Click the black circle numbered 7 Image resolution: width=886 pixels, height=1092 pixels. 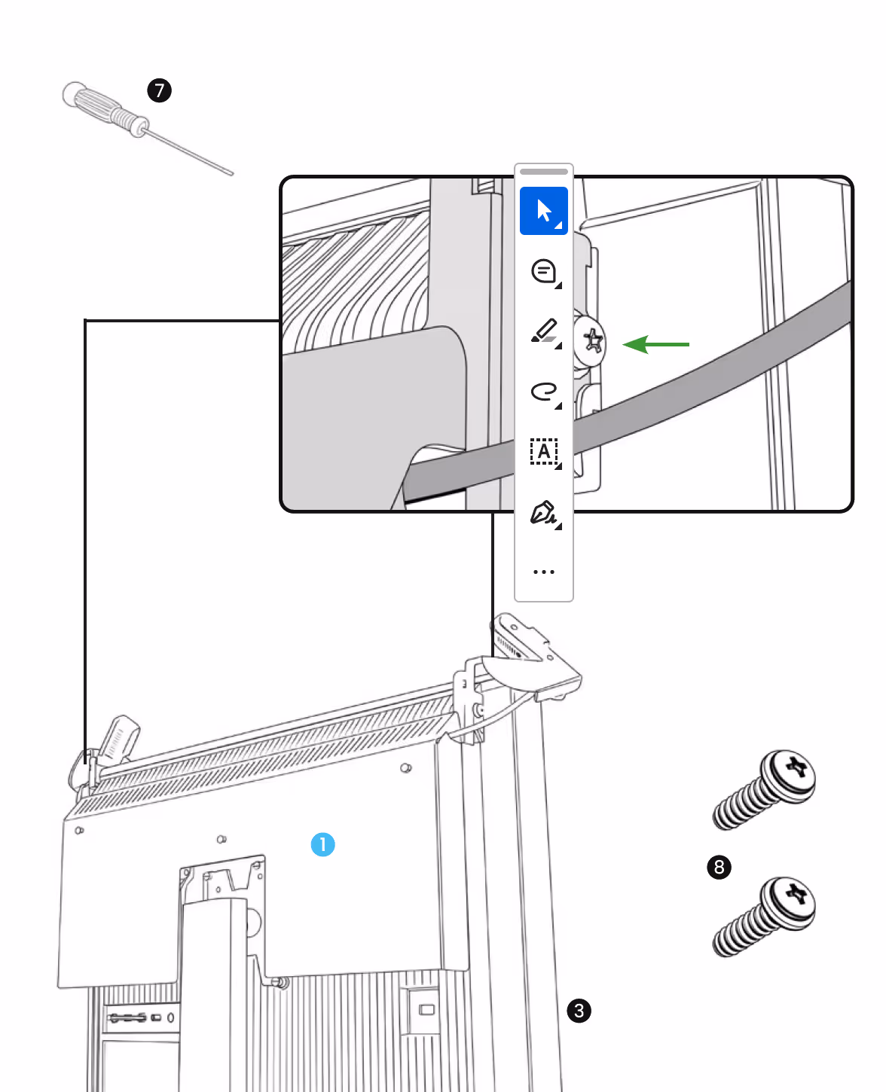click(x=159, y=90)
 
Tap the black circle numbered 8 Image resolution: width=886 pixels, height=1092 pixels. click(x=719, y=867)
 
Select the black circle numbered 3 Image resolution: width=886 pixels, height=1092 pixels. click(x=579, y=1011)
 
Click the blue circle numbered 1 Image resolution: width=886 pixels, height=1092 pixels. click(x=323, y=844)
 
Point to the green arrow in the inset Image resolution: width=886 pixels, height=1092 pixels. click(x=655, y=344)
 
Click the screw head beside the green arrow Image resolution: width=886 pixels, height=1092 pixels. click(x=591, y=341)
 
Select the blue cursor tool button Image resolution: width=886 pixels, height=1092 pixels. click(x=543, y=211)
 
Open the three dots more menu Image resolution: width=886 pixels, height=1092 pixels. click(x=543, y=572)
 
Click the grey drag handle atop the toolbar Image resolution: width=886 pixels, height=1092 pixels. click(x=543, y=172)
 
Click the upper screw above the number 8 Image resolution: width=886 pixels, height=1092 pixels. click(x=764, y=789)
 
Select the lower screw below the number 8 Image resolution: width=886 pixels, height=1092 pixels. click(x=764, y=917)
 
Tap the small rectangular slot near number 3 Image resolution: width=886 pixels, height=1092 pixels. click(x=426, y=1009)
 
